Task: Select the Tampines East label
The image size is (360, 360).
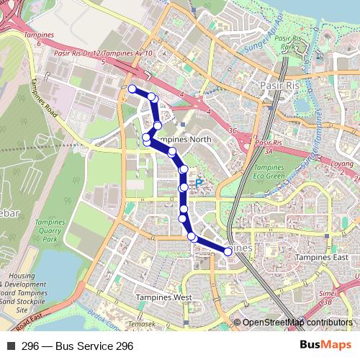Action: coord(325,258)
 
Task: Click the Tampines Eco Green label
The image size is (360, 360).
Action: coord(269,171)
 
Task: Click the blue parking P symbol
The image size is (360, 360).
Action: coord(199,184)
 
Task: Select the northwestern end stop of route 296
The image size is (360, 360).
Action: coord(132,89)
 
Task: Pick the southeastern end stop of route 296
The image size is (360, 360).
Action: coord(228,251)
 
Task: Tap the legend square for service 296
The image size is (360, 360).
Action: coord(11,346)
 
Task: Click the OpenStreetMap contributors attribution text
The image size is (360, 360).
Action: coord(297,322)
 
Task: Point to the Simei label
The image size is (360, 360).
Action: coord(328,293)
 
